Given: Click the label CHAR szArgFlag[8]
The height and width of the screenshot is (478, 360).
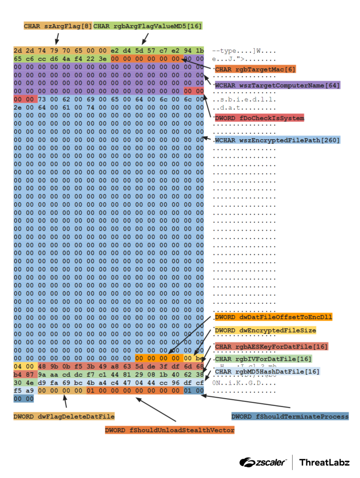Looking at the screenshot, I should pyautogui.click(x=58, y=26).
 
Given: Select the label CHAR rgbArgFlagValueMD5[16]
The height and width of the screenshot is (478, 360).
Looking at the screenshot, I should pyautogui.click(x=148, y=26).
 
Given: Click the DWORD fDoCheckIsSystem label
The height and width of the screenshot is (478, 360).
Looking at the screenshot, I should pyautogui.click(x=260, y=118).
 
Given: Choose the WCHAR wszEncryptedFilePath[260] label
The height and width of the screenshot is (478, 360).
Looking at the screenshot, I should pyautogui.click(x=277, y=140).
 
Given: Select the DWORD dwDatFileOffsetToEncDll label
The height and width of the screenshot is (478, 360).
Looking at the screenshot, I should pyautogui.click(x=273, y=317).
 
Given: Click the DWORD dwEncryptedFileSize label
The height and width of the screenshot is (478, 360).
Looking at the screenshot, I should pyautogui.click(x=265, y=330).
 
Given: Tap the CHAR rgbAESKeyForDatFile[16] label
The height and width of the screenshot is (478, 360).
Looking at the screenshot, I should pyautogui.click(x=271, y=346).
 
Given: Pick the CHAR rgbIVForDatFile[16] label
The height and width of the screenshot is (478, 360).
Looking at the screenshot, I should pyautogui.click(x=263, y=359).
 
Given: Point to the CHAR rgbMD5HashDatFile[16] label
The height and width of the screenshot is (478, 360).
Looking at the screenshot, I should pyautogui.click(x=267, y=372).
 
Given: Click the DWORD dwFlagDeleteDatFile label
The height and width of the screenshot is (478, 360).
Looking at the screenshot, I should pyautogui.click(x=64, y=416).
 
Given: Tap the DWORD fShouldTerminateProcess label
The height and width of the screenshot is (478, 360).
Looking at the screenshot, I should pyautogui.click(x=290, y=416).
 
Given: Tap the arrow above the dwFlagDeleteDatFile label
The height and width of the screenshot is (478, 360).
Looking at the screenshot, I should pyautogui.click(x=65, y=401).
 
